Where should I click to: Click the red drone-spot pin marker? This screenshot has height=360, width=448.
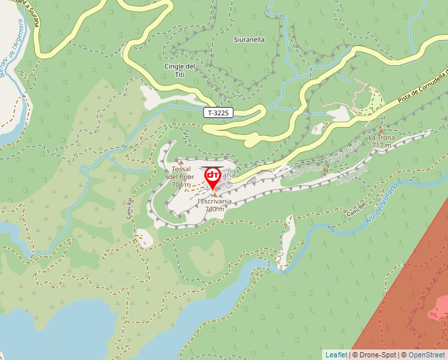click(x=213, y=176)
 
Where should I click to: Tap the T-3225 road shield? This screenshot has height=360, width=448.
click(x=218, y=113)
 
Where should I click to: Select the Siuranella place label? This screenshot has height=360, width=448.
click(x=249, y=39)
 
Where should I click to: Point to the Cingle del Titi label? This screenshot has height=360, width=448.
click(x=180, y=70)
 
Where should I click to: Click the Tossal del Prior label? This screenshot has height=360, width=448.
click(x=181, y=173)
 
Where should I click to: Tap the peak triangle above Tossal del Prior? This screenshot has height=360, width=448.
click(x=181, y=161)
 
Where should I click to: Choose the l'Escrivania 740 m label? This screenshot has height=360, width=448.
click(x=215, y=205)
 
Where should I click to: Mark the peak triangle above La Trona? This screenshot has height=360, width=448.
click(x=381, y=130)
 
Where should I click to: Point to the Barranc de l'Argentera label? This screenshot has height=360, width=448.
click(x=14, y=53)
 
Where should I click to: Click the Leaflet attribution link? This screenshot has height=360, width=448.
click(x=336, y=355)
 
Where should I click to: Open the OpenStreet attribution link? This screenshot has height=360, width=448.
click(x=428, y=355)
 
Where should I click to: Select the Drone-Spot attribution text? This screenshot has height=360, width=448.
click(x=378, y=355)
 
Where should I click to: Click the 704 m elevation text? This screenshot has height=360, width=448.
click(x=181, y=185)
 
